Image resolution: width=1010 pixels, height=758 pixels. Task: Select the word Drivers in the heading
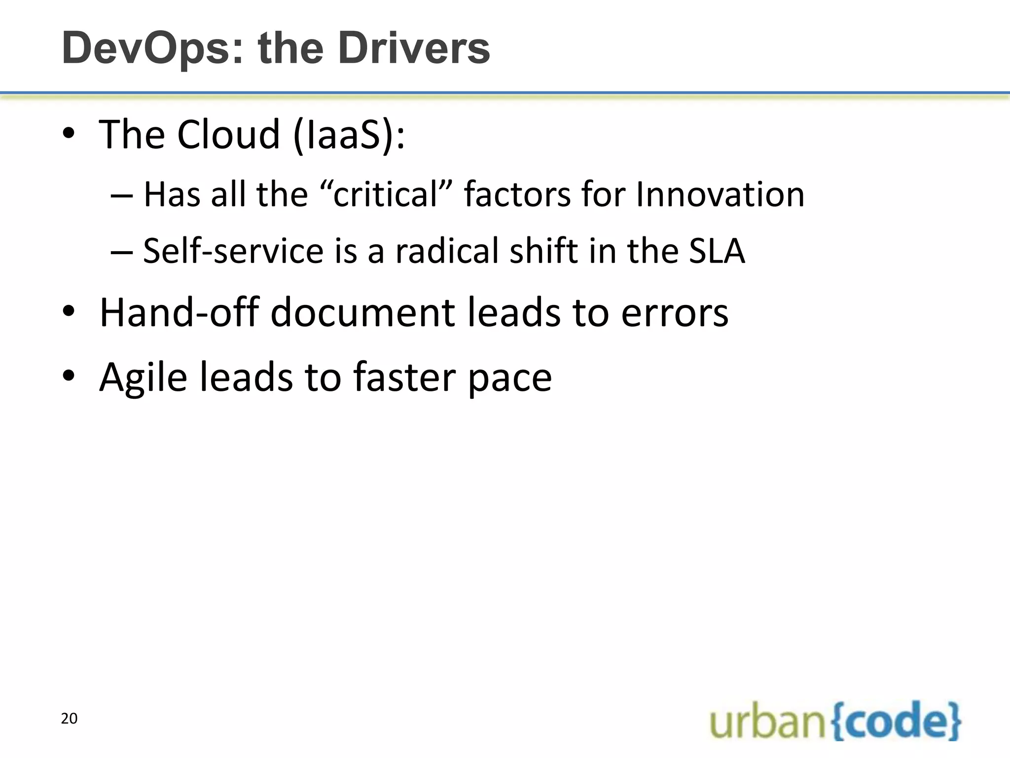414,48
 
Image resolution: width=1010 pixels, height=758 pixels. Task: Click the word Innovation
720,194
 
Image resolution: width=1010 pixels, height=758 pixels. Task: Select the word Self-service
233,251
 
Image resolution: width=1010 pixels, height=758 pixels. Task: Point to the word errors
675,313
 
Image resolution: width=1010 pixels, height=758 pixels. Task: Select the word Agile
143,378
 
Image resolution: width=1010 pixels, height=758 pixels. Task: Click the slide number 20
69,719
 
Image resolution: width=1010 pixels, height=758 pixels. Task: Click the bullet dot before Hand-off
69,311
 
